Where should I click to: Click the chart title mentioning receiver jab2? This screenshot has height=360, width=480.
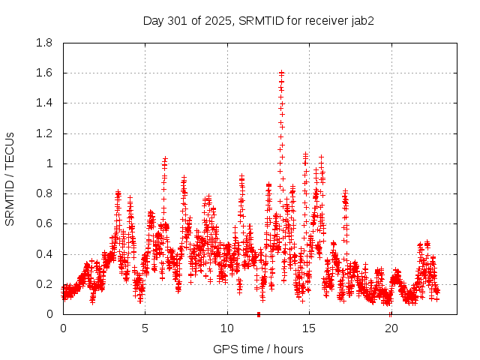click(x=259, y=20)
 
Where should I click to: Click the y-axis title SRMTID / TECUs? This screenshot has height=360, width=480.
click(x=10, y=178)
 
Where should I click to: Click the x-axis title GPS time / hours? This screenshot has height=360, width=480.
click(x=259, y=349)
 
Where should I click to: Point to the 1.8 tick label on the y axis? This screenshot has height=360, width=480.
click(x=44, y=43)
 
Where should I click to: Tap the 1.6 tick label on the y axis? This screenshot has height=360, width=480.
click(x=44, y=73)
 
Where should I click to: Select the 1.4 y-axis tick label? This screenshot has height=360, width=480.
click(x=44, y=103)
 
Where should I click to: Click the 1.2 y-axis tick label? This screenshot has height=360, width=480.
click(x=44, y=133)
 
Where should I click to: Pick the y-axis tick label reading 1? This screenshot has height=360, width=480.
click(x=50, y=163)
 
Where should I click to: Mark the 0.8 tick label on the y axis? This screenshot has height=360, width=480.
click(x=44, y=193)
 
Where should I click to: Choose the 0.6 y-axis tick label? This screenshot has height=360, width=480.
click(x=44, y=223)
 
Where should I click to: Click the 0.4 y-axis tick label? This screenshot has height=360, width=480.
click(x=44, y=254)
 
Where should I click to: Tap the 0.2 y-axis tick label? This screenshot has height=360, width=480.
click(x=44, y=284)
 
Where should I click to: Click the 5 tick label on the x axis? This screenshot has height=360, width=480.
click(x=145, y=328)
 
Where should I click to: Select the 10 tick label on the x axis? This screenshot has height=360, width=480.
click(x=226, y=328)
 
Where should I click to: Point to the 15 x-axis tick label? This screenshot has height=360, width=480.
click(x=308, y=328)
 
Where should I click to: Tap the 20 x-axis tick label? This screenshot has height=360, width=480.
click(x=391, y=328)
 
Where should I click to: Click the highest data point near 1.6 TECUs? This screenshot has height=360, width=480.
click(x=281, y=73)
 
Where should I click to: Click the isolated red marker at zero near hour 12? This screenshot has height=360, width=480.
click(x=259, y=314)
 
